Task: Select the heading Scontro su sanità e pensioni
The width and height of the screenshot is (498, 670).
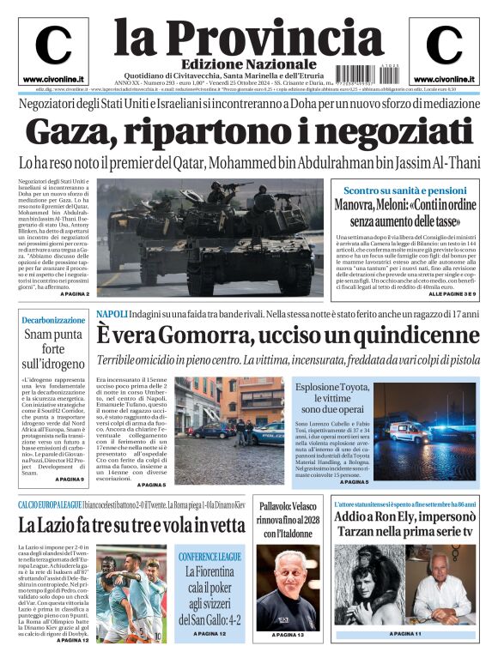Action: point(405,190)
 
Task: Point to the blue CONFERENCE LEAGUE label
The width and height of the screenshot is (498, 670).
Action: point(211,557)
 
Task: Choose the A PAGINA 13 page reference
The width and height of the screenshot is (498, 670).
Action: point(288,635)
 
